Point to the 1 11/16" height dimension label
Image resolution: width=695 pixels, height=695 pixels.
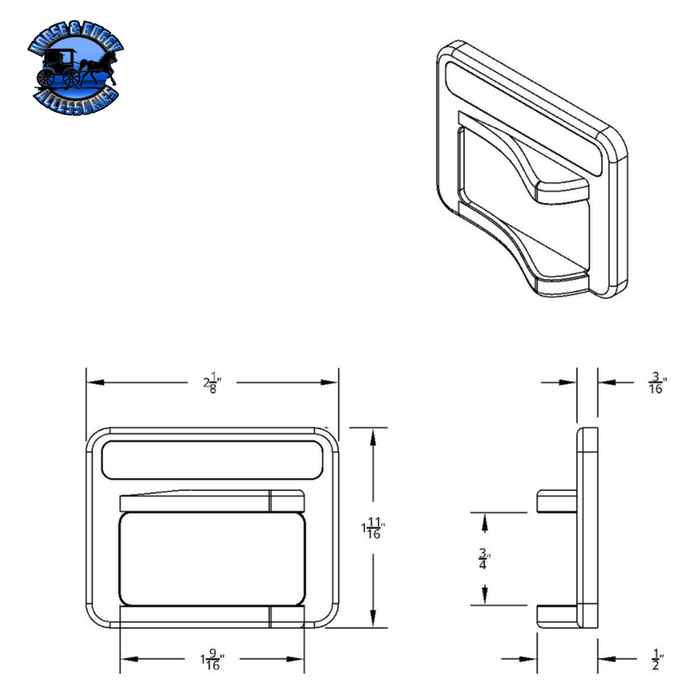[x=374, y=527]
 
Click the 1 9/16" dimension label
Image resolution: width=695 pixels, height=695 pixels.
[x=211, y=663]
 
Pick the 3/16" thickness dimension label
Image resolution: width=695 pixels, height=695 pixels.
[x=658, y=382]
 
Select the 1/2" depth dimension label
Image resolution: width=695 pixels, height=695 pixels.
[x=657, y=661]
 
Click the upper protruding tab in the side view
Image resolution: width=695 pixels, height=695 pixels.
[x=557, y=501]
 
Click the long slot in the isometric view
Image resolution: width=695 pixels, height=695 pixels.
[x=521, y=113]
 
